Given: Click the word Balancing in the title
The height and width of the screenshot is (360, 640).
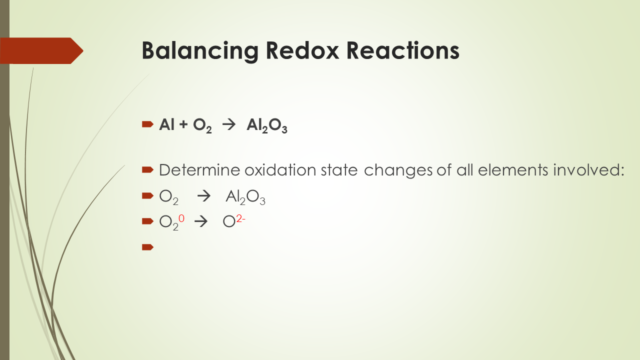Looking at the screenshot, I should click(x=199, y=50).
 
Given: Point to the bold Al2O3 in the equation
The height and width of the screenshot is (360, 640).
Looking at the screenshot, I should click(x=266, y=125).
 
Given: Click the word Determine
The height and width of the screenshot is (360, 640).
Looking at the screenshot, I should click(x=200, y=170).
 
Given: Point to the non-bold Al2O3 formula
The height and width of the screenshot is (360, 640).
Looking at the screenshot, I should click(x=245, y=196).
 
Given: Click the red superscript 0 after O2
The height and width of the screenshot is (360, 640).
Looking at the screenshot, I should click(x=181, y=217).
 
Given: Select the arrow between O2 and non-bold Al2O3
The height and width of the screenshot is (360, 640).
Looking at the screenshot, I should click(x=204, y=196).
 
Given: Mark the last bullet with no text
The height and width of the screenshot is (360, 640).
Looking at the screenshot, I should click(x=147, y=246).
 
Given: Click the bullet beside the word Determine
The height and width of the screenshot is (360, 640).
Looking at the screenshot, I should click(x=147, y=170).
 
